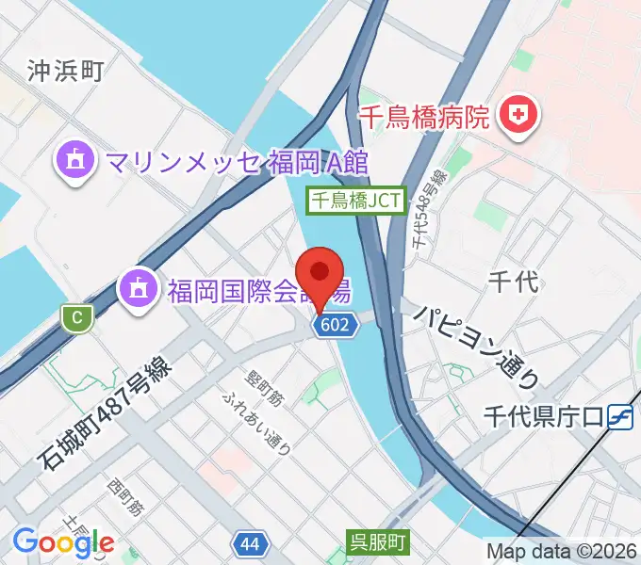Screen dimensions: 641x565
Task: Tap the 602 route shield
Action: (338, 325)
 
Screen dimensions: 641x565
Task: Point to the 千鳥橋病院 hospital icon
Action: (517, 117)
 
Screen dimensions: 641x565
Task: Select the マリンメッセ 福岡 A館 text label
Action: (236, 161)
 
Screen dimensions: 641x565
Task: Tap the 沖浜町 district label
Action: (65, 70)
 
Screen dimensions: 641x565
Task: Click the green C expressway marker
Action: (76, 317)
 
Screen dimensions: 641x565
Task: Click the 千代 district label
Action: (514, 280)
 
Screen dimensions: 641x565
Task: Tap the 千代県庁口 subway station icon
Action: (619, 414)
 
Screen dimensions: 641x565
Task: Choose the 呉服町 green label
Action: (376, 541)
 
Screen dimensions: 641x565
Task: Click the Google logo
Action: (63, 541)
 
